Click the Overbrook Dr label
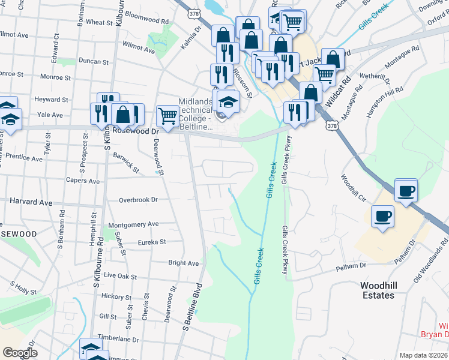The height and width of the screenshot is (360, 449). (138, 200)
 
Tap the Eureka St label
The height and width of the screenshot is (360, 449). (151, 242)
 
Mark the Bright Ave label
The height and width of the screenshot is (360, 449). (184, 263)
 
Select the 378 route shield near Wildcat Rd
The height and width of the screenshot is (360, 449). (333, 125)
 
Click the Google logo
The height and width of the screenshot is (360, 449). (20, 353)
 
